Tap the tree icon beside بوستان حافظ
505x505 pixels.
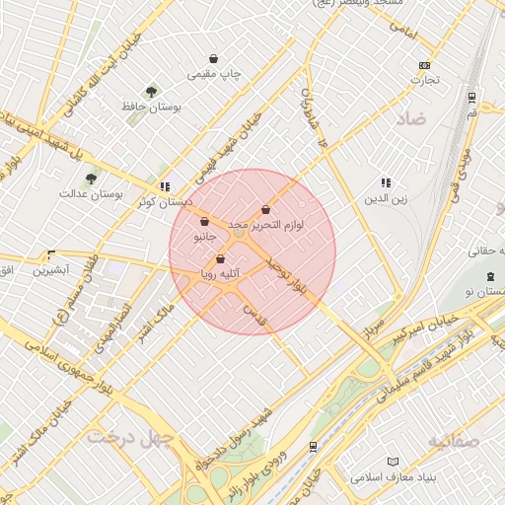(151, 92)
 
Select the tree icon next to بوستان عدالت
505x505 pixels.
(91, 179)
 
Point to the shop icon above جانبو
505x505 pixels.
(204, 222)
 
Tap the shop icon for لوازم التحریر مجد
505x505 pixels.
(266, 209)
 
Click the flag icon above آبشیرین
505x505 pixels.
(51, 254)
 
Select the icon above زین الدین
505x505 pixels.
(386, 182)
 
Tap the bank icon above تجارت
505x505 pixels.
(425, 65)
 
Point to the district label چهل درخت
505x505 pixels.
(124, 434)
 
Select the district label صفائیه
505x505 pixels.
(453, 440)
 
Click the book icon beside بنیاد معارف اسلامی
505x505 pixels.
(393, 462)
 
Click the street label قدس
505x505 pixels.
(255, 315)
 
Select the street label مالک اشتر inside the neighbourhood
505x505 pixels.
(141, 324)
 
